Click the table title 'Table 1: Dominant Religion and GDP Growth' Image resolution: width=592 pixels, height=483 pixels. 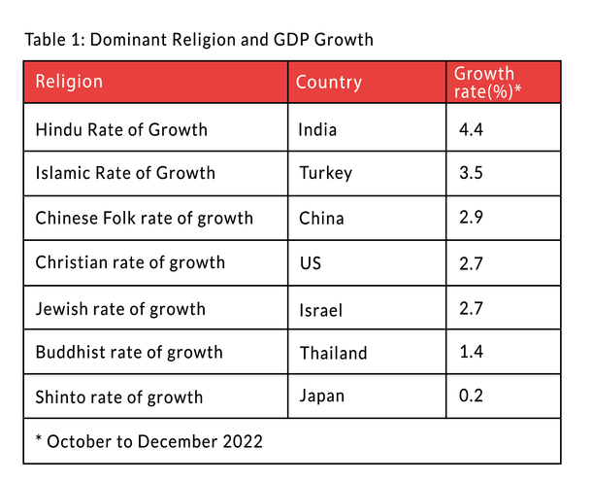pos(198,40)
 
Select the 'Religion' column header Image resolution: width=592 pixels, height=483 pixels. pos(69,82)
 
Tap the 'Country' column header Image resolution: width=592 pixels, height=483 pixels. pos(328,83)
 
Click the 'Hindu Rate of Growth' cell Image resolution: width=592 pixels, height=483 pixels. pos(121,129)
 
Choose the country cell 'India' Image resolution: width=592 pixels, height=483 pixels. pos(318,129)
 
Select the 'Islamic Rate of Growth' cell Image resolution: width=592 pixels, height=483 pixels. pos(125,174)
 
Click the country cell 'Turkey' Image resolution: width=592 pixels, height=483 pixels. pos(326,174)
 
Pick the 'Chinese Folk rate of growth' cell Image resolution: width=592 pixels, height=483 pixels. pos(144,219)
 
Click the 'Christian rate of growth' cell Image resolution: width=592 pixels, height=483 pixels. pos(130,263)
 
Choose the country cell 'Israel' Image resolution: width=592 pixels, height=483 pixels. pos(322,310)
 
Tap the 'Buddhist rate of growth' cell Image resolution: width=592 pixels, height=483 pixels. pos(129,353)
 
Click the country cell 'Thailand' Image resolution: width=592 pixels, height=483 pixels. pos(333,354)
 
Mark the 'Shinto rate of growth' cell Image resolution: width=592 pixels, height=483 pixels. pos(119,397)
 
